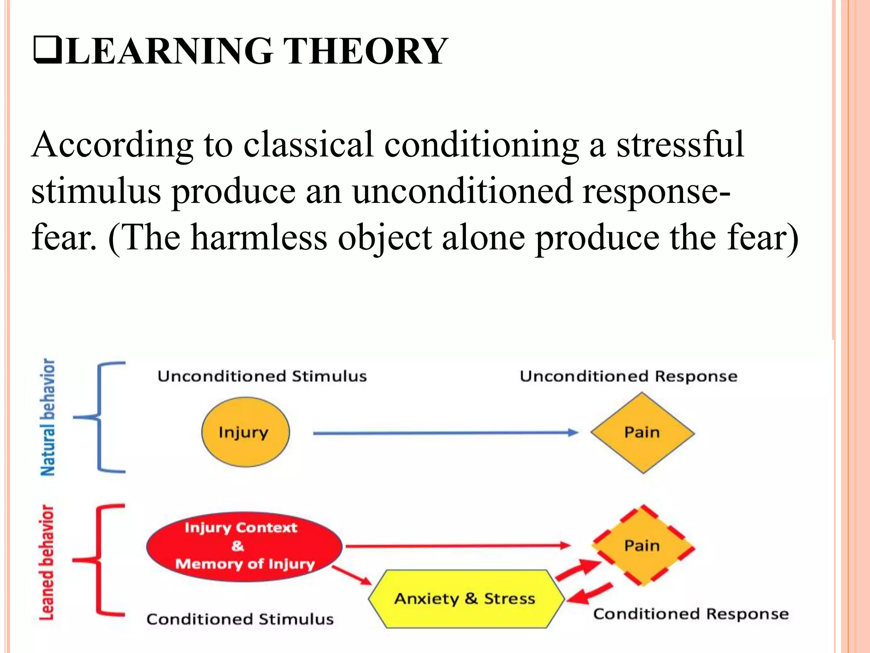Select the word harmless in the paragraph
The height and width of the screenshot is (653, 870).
point(259,238)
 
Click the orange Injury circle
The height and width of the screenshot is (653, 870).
point(245,432)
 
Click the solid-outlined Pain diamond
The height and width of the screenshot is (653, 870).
point(642,433)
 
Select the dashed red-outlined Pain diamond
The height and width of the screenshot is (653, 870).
point(642,545)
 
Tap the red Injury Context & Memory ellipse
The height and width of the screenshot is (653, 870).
point(244,546)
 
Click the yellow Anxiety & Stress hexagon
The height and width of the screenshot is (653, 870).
point(465,599)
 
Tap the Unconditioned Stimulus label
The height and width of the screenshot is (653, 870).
point(262,376)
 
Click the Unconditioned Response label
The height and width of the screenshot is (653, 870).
point(628,376)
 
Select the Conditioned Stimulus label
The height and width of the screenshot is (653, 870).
point(240,619)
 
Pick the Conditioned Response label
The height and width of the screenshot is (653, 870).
point(691,614)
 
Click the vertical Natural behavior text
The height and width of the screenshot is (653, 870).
point(48,417)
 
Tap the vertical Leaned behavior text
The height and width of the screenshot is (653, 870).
point(47,562)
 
